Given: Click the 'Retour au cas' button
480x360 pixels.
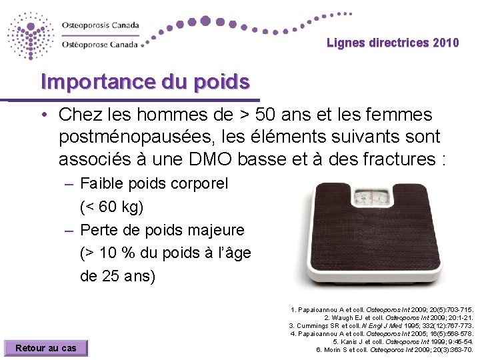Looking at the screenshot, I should [46, 347].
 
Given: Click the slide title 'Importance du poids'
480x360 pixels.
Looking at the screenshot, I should [145, 82].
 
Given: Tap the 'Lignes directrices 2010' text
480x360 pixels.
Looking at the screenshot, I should [393, 43].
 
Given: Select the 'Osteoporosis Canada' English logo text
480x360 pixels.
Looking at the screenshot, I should [101, 25].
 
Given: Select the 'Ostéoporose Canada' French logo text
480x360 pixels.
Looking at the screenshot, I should [99, 45].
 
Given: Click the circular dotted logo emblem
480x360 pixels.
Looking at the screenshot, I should [31, 35].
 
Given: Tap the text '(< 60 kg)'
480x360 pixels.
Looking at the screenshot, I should [111, 207].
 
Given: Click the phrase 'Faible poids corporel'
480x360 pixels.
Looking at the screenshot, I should [154, 183].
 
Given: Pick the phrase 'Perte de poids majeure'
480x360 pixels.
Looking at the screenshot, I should [162, 230].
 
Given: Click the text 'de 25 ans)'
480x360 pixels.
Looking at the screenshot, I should [117, 276].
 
